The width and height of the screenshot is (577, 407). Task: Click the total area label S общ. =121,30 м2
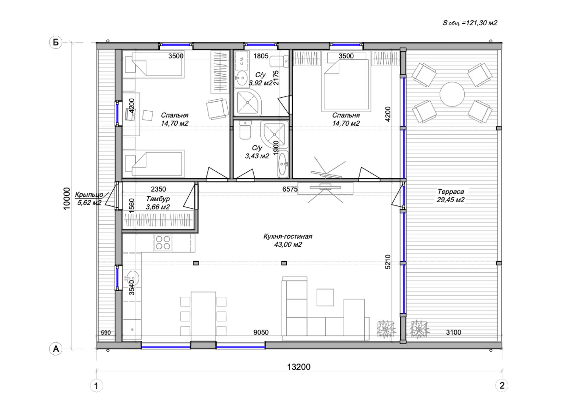tap(470, 23)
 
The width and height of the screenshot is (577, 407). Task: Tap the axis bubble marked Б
tap(56, 42)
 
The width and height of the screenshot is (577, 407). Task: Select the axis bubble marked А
tap(56, 349)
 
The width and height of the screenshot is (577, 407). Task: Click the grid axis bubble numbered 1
tap(96, 386)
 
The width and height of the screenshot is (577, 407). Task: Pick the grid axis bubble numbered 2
tap(502, 386)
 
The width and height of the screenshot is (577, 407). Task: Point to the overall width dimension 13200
tap(299, 367)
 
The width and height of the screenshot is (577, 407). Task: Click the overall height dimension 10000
tap(67, 199)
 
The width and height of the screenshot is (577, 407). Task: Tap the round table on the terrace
tap(452, 94)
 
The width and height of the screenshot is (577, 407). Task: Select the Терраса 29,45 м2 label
tap(451, 195)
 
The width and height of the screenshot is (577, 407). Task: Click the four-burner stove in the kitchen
tap(163, 242)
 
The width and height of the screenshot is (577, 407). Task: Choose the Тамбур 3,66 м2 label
tap(158, 203)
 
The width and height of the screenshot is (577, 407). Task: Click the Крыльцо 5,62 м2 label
tap(89, 199)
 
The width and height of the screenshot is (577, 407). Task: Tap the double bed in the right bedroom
tap(346, 85)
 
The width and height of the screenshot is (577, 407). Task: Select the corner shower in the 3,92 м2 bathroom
tap(248, 102)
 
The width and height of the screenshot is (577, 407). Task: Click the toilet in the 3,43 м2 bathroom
tap(245, 130)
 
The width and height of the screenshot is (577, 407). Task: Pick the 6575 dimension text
tap(290, 189)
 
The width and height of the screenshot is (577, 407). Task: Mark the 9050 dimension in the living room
tap(261, 332)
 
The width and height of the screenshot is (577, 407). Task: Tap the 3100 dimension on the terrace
tap(454, 332)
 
